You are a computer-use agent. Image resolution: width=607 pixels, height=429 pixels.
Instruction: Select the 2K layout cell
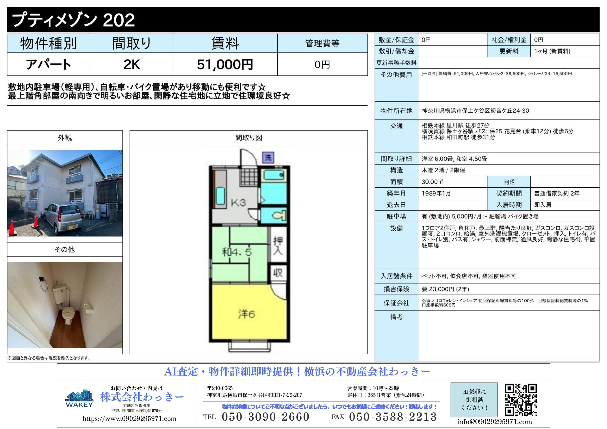tap(131, 64)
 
